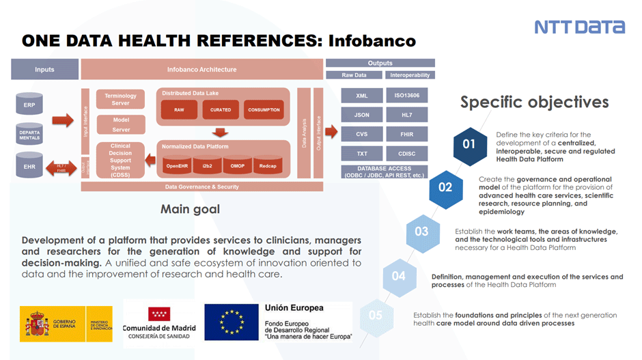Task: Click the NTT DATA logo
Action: (579, 27)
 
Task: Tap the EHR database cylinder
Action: (29, 166)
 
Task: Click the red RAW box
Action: (179, 110)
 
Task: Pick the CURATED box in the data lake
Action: (221, 110)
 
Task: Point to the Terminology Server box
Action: (120, 100)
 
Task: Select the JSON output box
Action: (362, 115)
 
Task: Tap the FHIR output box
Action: (408, 135)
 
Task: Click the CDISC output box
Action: (408, 154)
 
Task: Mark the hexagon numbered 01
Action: (469, 144)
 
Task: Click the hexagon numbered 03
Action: (422, 232)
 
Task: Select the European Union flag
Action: (233, 323)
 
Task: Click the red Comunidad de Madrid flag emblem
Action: (159, 314)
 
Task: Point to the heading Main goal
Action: (190, 209)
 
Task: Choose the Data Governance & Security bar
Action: (201, 186)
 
